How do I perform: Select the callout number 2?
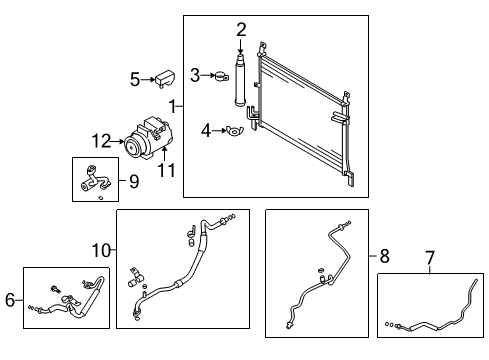[241, 29]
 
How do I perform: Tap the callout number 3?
[196, 73]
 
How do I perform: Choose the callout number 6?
[11, 299]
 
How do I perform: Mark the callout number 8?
[384, 256]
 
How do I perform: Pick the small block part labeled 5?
[164, 78]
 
